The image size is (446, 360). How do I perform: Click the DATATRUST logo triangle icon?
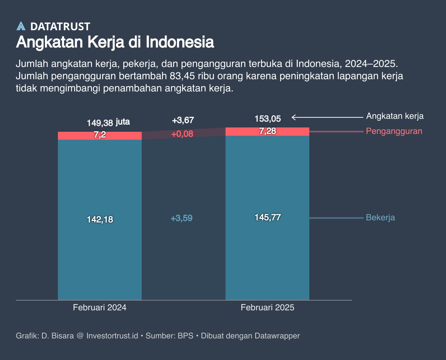tap(21, 26)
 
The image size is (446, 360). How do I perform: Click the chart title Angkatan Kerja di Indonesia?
tap(115, 42)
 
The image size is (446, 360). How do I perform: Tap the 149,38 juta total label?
tap(108, 122)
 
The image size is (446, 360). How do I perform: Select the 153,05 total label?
tap(268, 119)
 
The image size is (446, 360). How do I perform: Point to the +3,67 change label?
tap(183, 120)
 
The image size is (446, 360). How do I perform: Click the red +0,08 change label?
tap(182, 134)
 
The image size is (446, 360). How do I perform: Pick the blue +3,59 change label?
tap(182, 218)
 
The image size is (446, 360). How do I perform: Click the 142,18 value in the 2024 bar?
tap(100, 219)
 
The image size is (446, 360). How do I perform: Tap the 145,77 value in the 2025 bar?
tap(268, 217)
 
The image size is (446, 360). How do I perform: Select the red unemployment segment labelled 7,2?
tap(100, 135)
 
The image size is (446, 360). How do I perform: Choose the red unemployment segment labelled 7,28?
tap(268, 131)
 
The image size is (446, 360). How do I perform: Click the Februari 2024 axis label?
tap(100, 307)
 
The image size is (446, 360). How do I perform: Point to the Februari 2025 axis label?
tap(267, 307)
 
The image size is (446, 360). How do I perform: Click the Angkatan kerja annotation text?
tap(395, 116)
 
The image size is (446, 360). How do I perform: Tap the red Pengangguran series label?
tap(394, 131)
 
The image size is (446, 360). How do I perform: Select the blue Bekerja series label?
tap(380, 217)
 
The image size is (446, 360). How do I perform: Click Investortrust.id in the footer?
tap(112, 336)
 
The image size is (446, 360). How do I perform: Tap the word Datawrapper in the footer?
tap(277, 336)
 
